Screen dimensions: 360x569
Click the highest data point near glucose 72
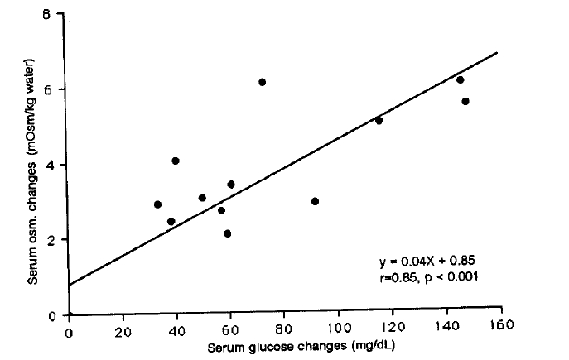click(262, 82)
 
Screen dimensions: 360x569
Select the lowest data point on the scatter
click(227, 234)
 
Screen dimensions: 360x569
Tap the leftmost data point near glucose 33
click(157, 204)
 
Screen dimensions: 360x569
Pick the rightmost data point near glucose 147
click(465, 102)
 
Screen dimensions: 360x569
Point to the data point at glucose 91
click(315, 201)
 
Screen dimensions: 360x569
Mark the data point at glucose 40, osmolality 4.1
click(176, 161)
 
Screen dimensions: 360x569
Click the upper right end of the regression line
click(497, 52)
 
